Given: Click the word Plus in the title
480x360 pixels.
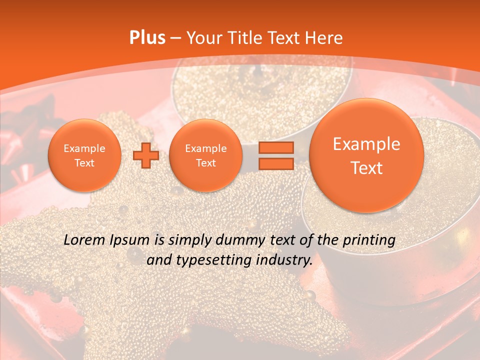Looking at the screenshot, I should [147, 38].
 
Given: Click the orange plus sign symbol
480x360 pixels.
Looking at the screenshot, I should [146, 155].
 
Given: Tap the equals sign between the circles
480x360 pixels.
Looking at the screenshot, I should [275, 155].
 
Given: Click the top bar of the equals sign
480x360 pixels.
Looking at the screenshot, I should [275, 147].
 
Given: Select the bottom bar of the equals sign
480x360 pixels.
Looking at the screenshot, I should [275, 163].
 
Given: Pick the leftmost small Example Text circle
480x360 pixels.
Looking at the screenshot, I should [84, 155].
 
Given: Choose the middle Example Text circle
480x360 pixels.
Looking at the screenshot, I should [205, 155].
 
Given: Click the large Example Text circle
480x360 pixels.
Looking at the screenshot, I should [366, 155].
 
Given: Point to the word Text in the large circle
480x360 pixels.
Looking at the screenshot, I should [366, 168].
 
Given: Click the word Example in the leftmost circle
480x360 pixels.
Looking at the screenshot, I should [84, 148].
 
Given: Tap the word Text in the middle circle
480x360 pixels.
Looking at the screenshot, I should [205, 163].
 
